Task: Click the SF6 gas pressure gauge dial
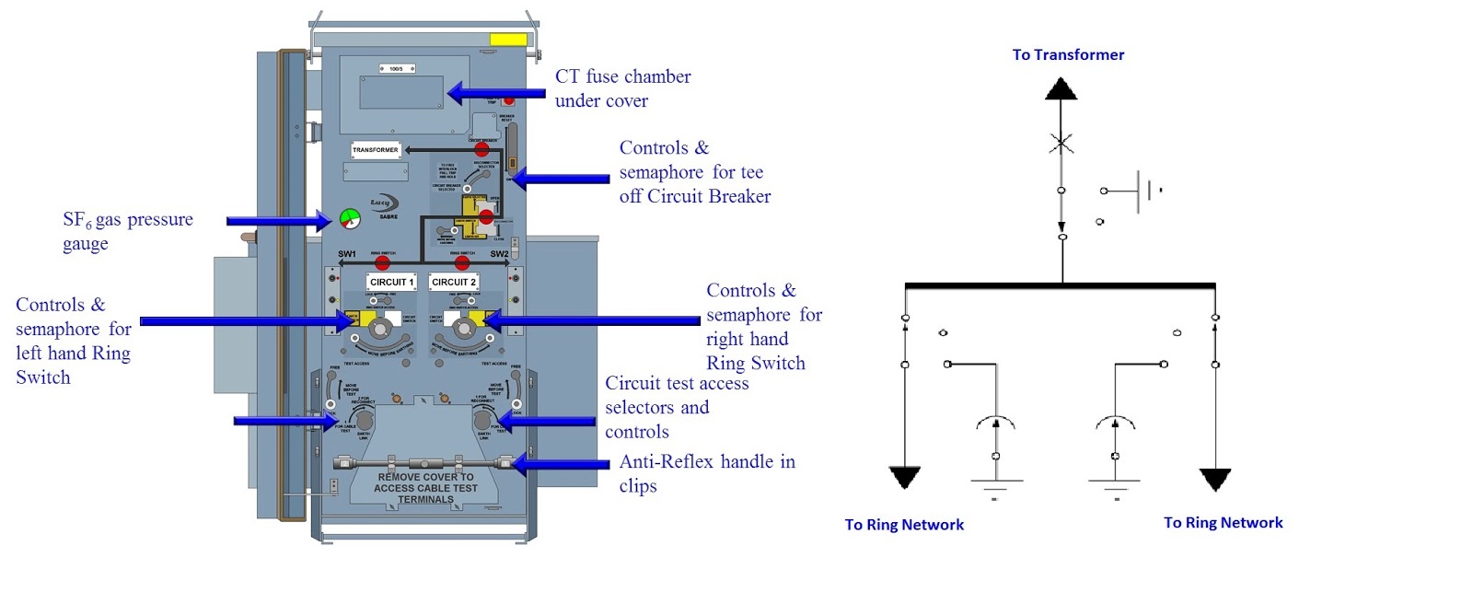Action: pos(350,218)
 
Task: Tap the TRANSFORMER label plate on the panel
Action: pos(376,149)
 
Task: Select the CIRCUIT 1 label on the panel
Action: pos(392,282)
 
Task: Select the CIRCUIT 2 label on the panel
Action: pos(454,282)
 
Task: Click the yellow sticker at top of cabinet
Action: pos(508,40)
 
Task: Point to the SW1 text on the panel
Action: pos(347,254)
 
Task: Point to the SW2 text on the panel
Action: pos(499,254)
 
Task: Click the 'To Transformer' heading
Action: pos(1068,54)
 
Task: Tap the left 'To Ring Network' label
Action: pos(904,525)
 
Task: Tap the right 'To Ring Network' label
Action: pos(1223,523)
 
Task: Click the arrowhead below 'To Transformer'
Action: pos(1061,89)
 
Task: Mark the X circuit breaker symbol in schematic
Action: pos(1061,144)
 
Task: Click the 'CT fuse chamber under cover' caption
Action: pos(622,88)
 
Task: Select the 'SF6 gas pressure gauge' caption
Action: pos(127,230)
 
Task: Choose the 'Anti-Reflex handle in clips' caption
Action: pos(707,473)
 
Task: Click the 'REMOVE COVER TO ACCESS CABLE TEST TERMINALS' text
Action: pos(425,488)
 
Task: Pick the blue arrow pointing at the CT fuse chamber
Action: pos(496,93)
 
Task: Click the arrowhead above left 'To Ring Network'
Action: pos(905,478)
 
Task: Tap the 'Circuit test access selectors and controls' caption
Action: pos(677,407)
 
